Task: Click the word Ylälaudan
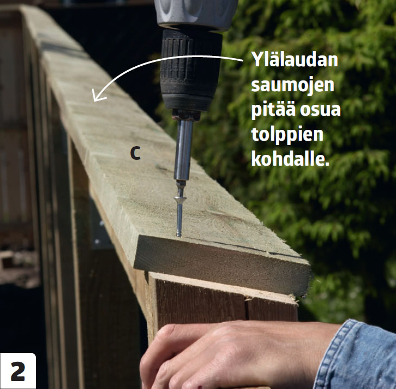pyautogui.click(x=294, y=59)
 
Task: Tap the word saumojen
pyautogui.click(x=293, y=86)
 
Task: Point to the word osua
pyautogui.click(x=320, y=110)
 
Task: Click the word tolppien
pyautogui.click(x=287, y=134)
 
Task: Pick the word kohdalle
pyautogui.click(x=291, y=158)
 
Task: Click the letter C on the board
pyautogui.click(x=135, y=153)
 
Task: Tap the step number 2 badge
pyautogui.click(x=18, y=371)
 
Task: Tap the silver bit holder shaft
pyautogui.click(x=183, y=149)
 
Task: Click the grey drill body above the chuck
pyautogui.click(x=197, y=14)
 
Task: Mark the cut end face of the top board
pyautogui.click(x=222, y=265)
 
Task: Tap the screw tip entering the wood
pyautogui.click(x=179, y=235)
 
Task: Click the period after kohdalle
pyautogui.click(x=327, y=164)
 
